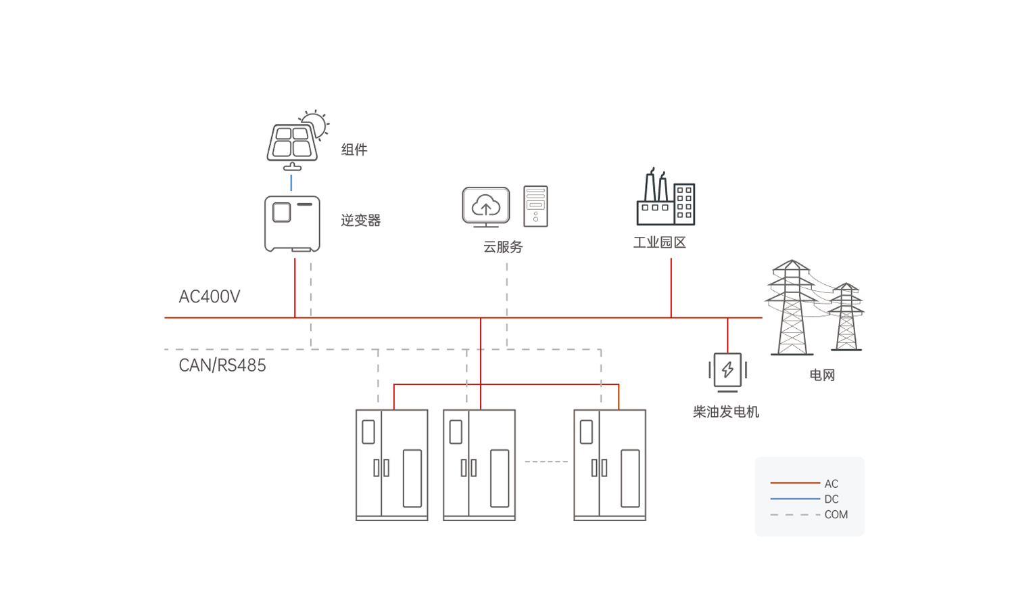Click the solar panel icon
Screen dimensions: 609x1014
pyautogui.click(x=291, y=143)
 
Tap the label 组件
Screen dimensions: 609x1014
pyautogui.click(x=354, y=150)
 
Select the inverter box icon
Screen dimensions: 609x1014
pyautogui.click(x=292, y=224)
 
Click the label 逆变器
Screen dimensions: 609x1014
pyautogui.click(x=360, y=221)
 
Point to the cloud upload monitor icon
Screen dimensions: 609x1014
pyautogui.click(x=485, y=206)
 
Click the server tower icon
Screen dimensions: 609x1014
pyautogui.click(x=535, y=206)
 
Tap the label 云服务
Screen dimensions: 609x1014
pyautogui.click(x=503, y=247)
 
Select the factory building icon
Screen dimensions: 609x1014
pyautogui.click(x=665, y=199)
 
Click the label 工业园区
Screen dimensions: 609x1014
pyautogui.click(x=659, y=243)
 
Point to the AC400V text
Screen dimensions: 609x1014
pyautogui.click(x=209, y=296)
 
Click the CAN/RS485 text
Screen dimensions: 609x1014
pyautogui.click(x=222, y=365)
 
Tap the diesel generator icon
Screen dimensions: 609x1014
pyautogui.click(x=727, y=371)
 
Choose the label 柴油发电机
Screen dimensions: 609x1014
pyautogui.click(x=726, y=412)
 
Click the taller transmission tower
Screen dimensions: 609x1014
pyautogui.click(x=792, y=308)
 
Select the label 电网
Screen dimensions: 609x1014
pyautogui.click(x=822, y=375)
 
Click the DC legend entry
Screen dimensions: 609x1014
pyautogui.click(x=831, y=499)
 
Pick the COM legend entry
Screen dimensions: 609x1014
pyautogui.click(x=836, y=515)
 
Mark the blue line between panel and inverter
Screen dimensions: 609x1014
pyautogui.click(x=291, y=183)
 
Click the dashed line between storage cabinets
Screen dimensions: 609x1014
pyautogui.click(x=546, y=462)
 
